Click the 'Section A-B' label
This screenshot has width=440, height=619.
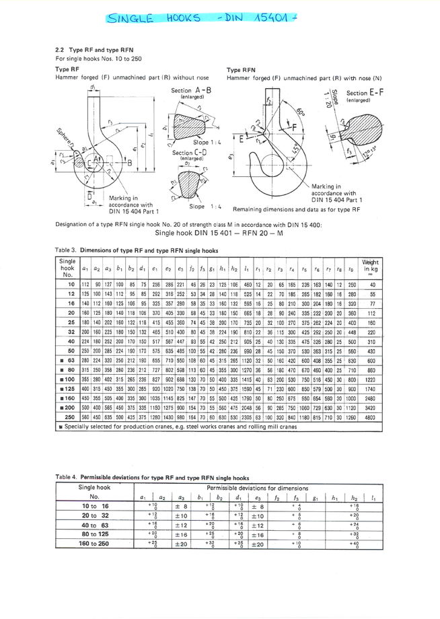click(190, 90)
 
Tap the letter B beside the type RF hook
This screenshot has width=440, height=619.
click(129, 162)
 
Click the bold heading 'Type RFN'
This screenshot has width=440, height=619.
click(238, 69)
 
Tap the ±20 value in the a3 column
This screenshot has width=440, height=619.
click(181, 542)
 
